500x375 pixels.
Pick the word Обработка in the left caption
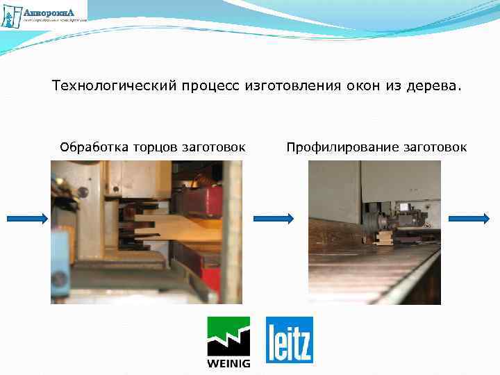pyautogui.click(x=90, y=147)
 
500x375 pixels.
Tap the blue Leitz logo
pyautogui.click(x=290, y=340)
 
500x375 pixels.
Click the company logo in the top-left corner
pyautogui.click(x=44, y=15)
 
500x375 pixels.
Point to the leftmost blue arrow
pyautogui.click(x=27, y=219)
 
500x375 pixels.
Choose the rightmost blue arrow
pyautogui.click(x=469, y=219)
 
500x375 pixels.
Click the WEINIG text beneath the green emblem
pyautogui.click(x=229, y=362)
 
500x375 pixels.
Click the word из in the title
pyautogui.click(x=392, y=87)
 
